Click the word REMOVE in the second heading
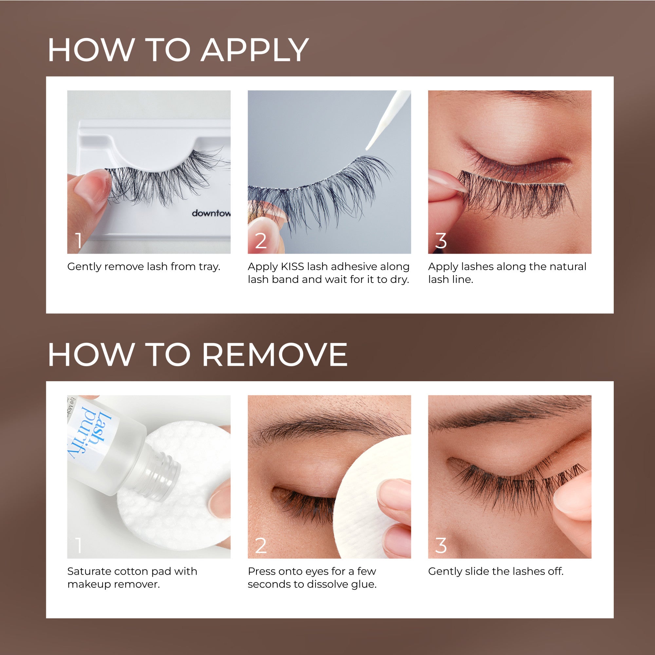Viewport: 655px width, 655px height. point(275,355)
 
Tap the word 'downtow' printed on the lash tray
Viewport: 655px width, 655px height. point(211,213)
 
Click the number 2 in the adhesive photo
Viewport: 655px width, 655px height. point(260,241)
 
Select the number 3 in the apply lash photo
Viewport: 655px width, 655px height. point(440,241)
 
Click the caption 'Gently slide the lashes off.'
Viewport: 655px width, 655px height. point(496,571)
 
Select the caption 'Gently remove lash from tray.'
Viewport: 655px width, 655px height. point(144,267)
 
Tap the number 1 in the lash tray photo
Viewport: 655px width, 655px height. point(79,241)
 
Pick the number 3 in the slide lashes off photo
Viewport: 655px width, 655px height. point(440,546)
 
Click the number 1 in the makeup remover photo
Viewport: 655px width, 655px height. point(79,546)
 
